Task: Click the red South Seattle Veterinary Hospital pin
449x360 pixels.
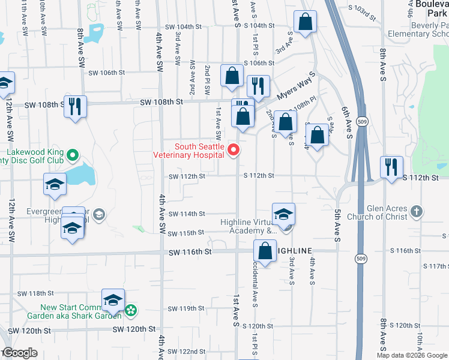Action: (235, 150)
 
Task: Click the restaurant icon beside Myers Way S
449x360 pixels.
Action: (258, 87)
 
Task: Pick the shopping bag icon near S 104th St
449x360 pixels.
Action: (306, 22)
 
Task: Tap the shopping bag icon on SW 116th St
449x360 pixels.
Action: (265, 251)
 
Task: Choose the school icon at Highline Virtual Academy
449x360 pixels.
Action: (284, 214)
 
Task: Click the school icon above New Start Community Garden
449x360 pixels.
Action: (113, 300)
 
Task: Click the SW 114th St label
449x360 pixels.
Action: (187, 214)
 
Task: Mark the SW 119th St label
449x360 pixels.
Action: (187, 308)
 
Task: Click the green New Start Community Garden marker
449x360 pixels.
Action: (131, 311)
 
